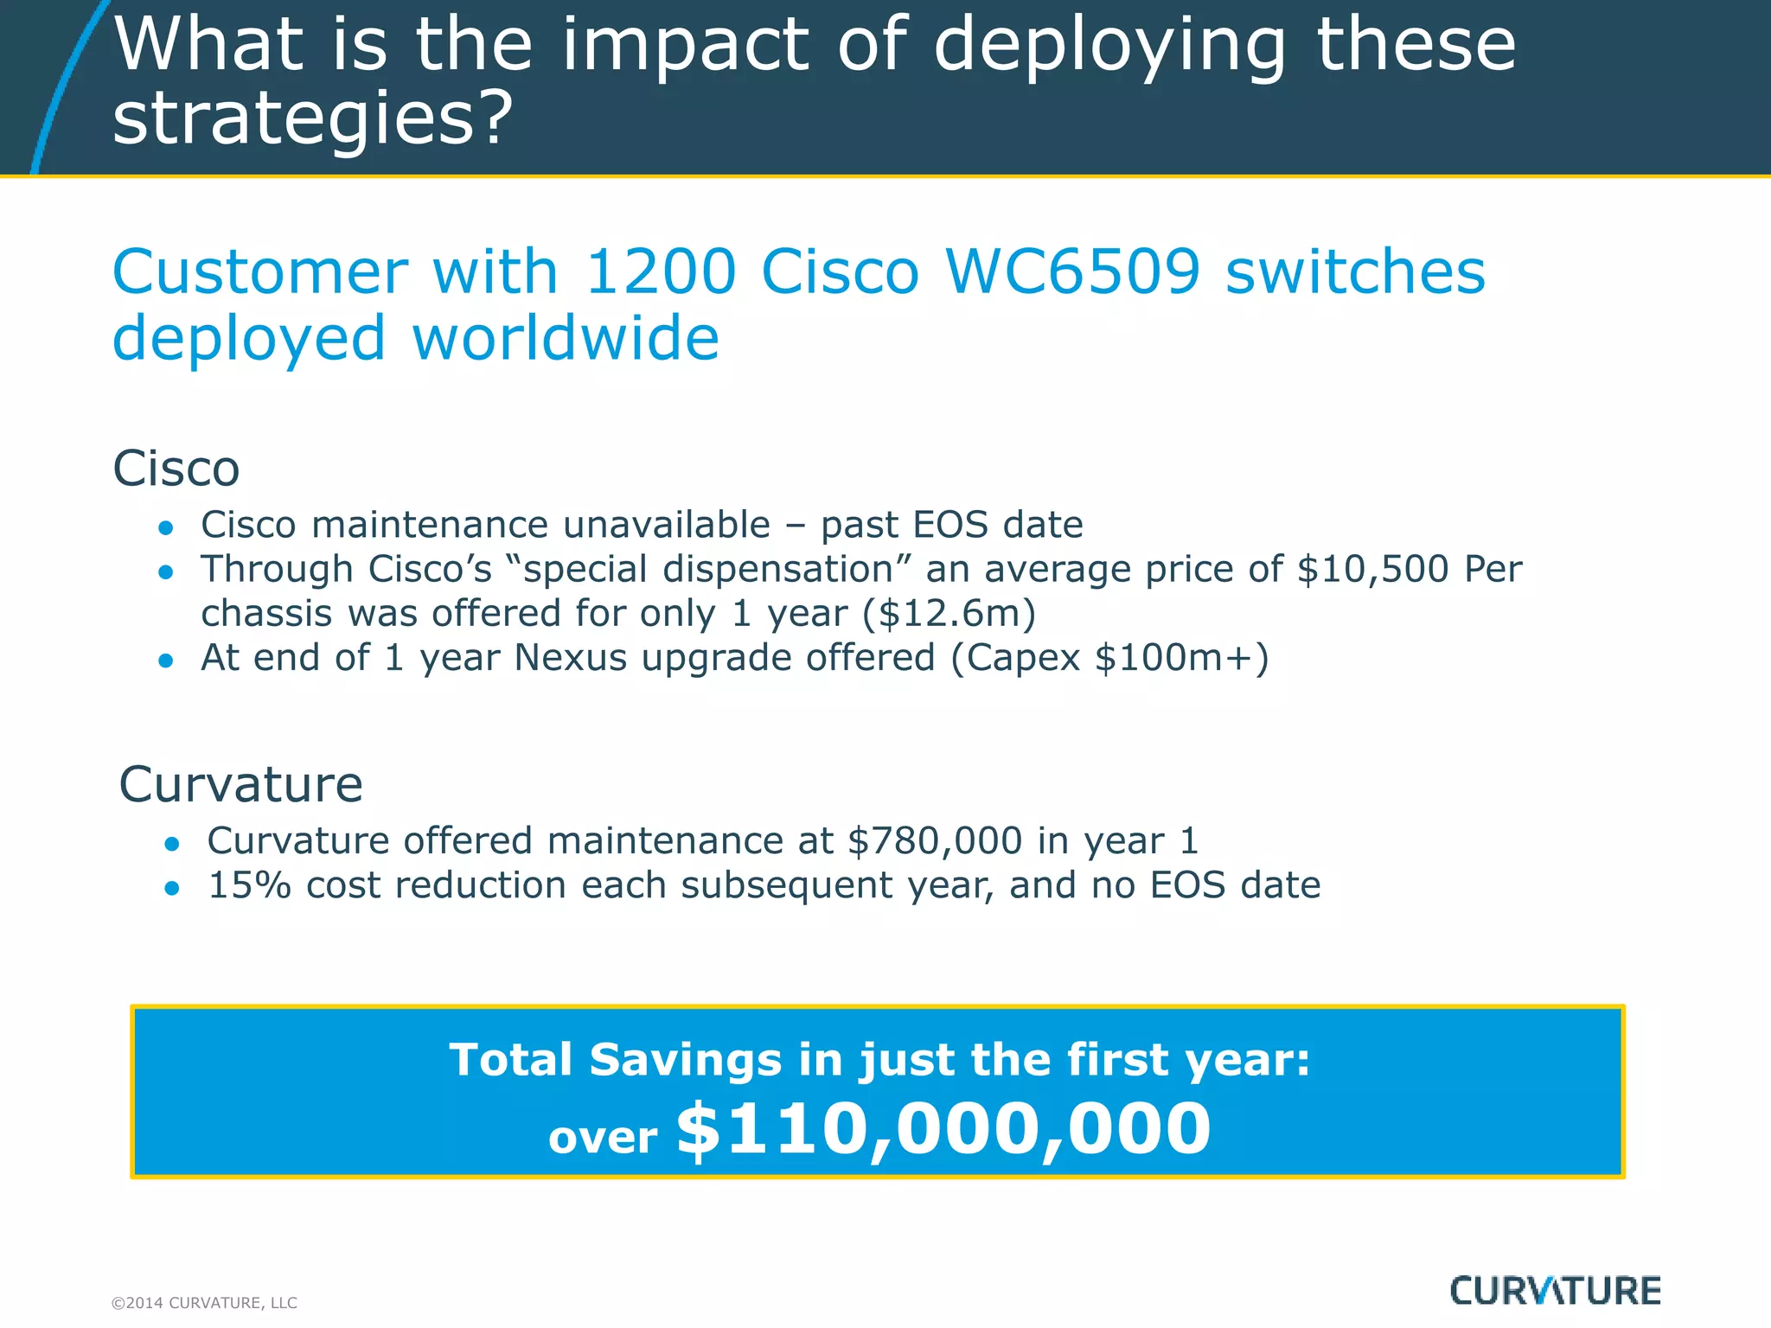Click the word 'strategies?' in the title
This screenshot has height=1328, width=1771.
pos(313,118)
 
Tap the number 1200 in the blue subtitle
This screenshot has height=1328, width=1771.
pos(661,272)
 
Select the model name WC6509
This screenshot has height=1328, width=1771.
pos(1072,272)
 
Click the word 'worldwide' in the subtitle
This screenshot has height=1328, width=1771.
pos(566,339)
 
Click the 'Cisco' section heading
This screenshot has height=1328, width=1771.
pos(176,469)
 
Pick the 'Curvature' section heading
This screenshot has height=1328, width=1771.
pos(240,785)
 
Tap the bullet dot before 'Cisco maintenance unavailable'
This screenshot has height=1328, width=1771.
pos(167,527)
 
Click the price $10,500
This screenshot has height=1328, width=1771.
pos(1372,569)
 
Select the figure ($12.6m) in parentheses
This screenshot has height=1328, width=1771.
pos(949,614)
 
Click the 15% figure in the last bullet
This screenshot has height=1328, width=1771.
pos(250,885)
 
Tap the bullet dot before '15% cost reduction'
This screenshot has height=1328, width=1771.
pos(172,888)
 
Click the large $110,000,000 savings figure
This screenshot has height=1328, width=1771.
pos(943,1130)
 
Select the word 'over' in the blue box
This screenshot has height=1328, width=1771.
pos(603,1138)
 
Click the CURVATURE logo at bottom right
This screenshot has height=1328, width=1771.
pos(1555,1291)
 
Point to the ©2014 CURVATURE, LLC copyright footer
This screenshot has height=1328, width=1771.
pos(204,1303)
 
